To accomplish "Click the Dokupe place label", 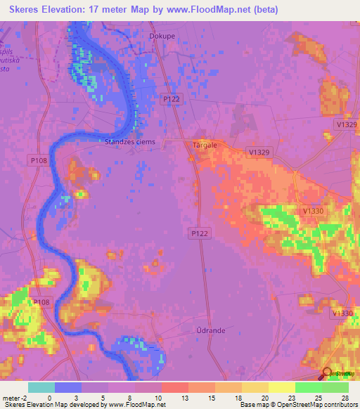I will [x=162, y=34].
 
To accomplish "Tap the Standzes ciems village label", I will [x=129, y=141].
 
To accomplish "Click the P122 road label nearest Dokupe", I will [x=171, y=99].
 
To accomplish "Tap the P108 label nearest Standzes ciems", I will [x=39, y=160].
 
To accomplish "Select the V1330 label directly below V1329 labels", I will [x=313, y=211].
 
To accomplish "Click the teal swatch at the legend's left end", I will [x=41, y=387].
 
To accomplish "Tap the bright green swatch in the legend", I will [x=308, y=387].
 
